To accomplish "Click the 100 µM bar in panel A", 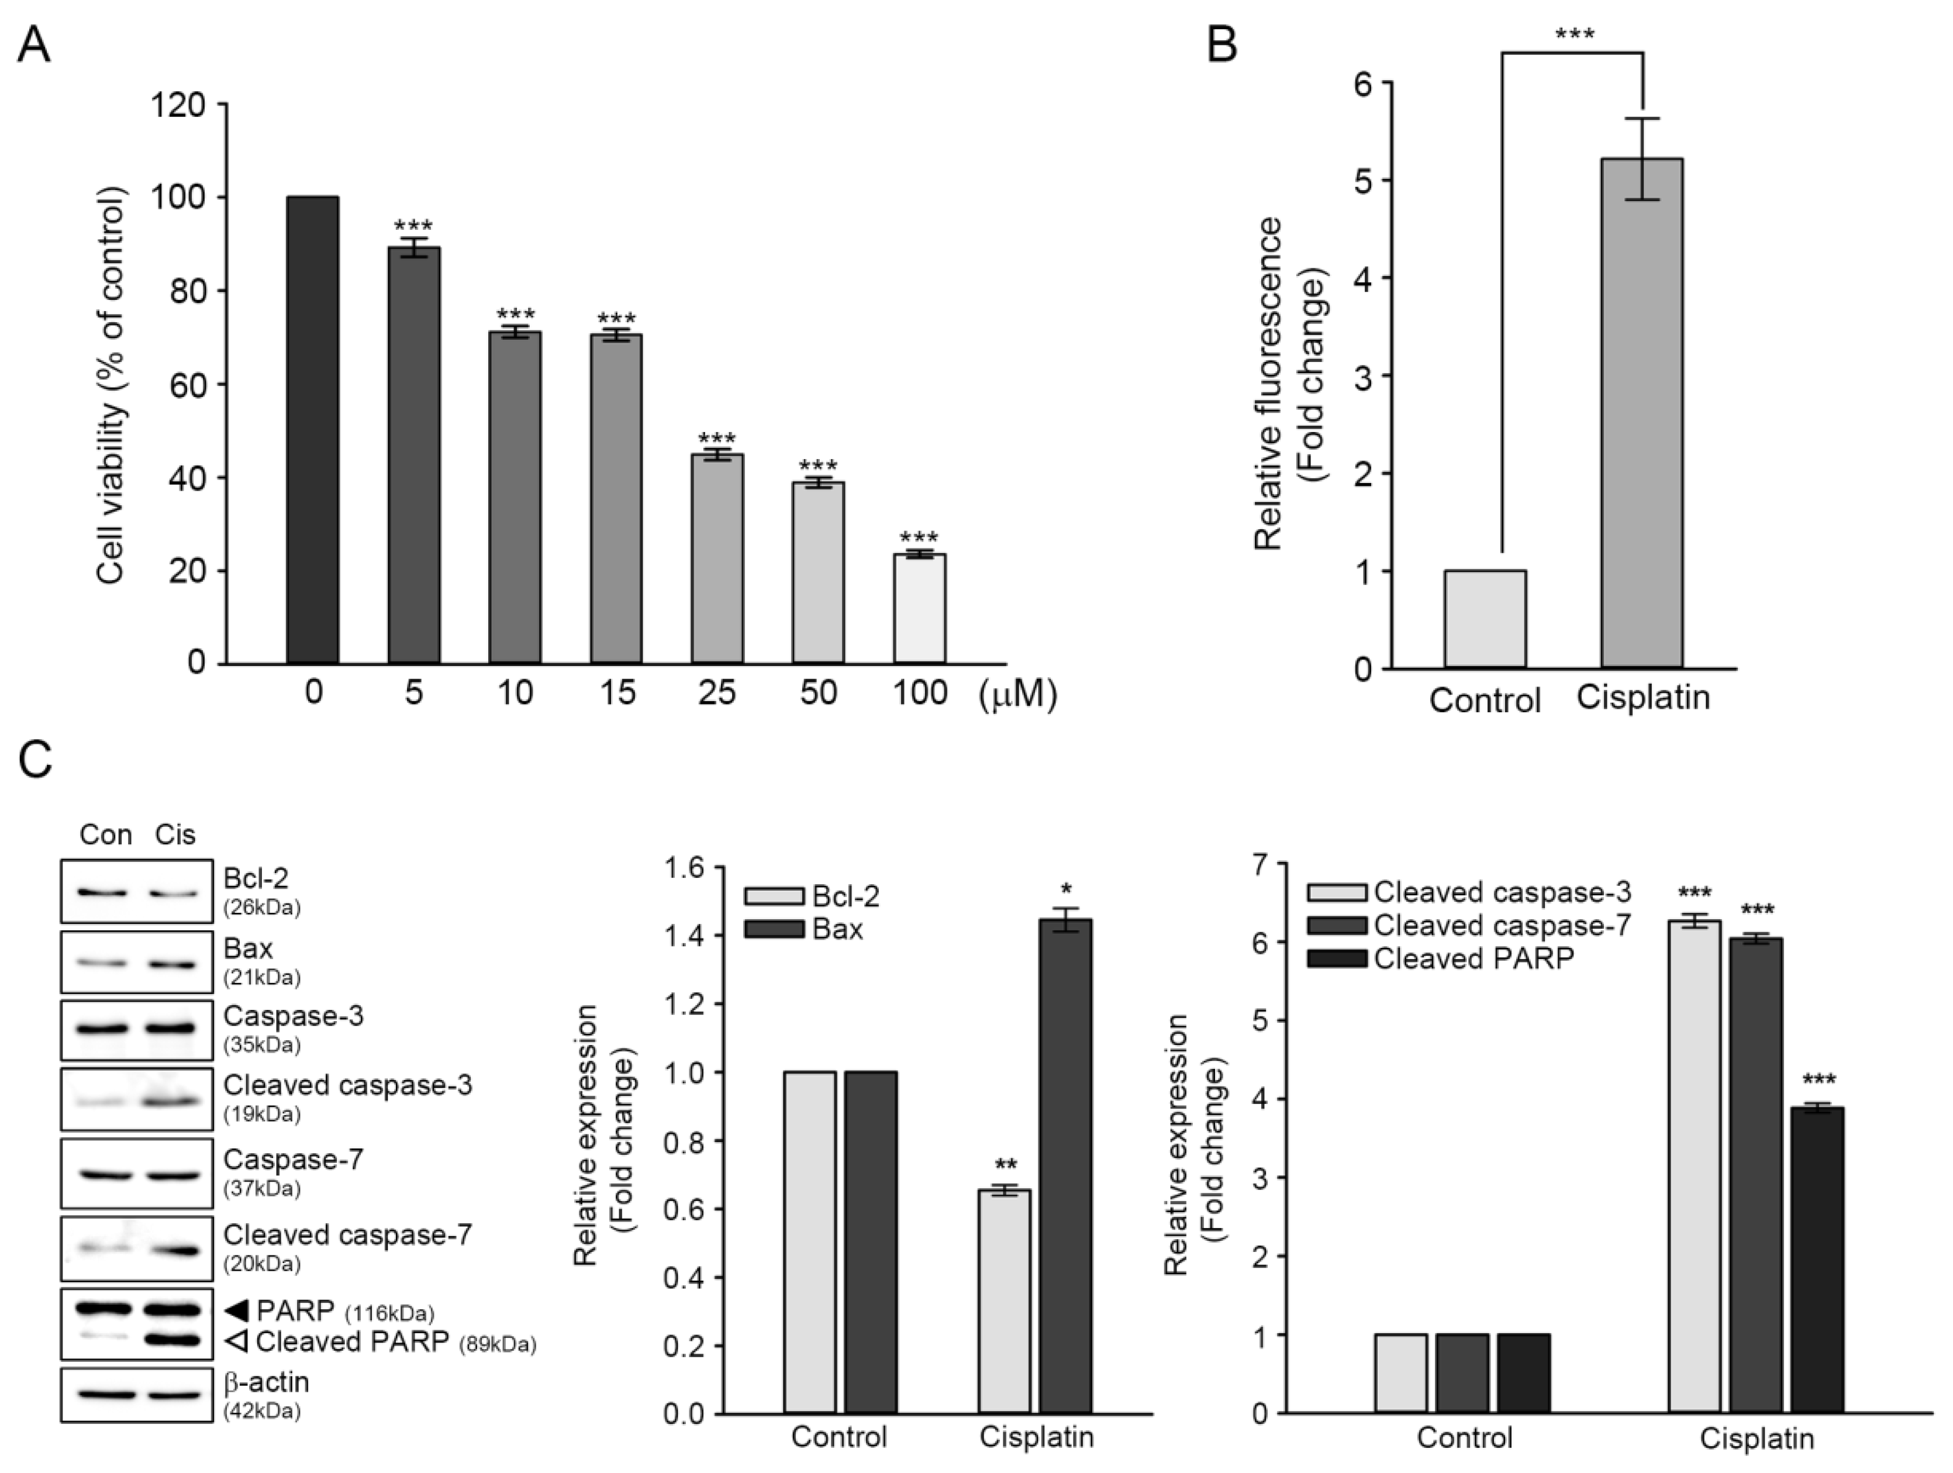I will [x=920, y=609].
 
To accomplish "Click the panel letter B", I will [x=1222, y=44].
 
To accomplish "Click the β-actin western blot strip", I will [x=137, y=1395].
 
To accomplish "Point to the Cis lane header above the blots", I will [x=175, y=834].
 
